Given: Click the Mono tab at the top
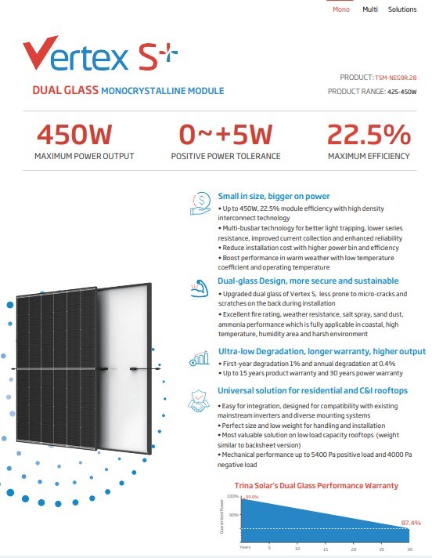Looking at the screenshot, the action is coord(341,9).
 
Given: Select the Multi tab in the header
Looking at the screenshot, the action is coord(370,9).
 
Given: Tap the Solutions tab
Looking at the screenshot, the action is coord(402,9).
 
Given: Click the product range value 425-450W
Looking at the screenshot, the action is coord(402,92).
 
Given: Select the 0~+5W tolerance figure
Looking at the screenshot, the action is coord(225,135).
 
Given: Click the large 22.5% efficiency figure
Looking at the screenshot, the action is coord(368,135).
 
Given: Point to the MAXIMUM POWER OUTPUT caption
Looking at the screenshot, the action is coord(84,156).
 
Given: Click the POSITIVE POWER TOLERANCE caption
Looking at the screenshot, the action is coord(225,156).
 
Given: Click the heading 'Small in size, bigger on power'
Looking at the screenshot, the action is coord(274,196).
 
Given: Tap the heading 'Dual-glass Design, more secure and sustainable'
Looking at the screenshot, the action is coord(308,281).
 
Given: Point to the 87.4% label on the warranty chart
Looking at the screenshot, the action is coord(410,522).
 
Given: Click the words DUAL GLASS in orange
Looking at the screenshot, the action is coord(65,90).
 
